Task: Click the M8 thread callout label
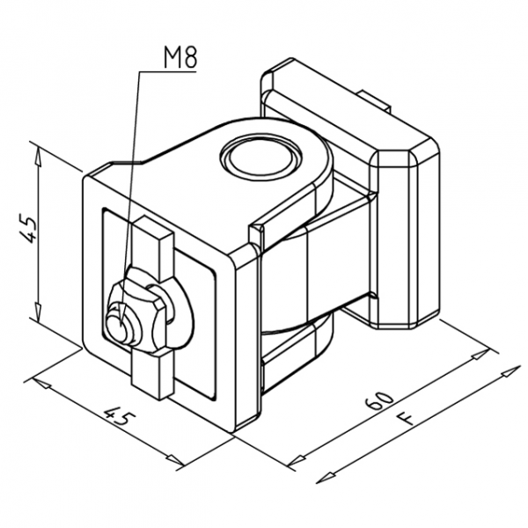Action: tap(180, 59)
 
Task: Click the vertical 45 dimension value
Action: tap(28, 231)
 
